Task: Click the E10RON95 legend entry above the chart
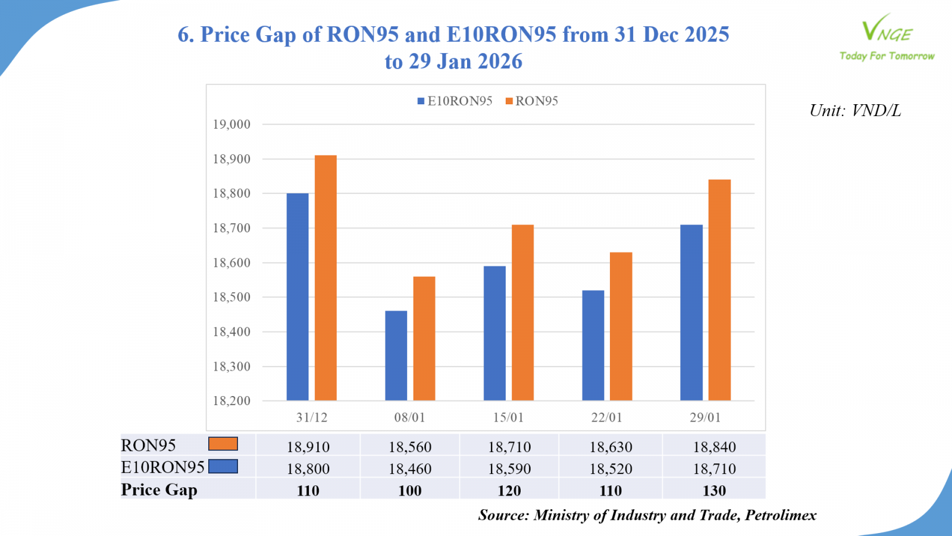455,101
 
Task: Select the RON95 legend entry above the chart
532,101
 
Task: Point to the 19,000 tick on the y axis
231,124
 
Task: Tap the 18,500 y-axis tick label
231,297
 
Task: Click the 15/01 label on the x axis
508,417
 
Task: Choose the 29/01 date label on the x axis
705,417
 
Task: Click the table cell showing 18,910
308,447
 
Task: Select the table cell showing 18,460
410,469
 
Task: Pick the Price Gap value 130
714,491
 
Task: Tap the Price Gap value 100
410,491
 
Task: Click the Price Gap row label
159,490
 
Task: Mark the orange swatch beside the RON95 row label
223,444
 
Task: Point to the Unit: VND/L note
855,111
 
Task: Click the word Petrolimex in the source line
780,515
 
